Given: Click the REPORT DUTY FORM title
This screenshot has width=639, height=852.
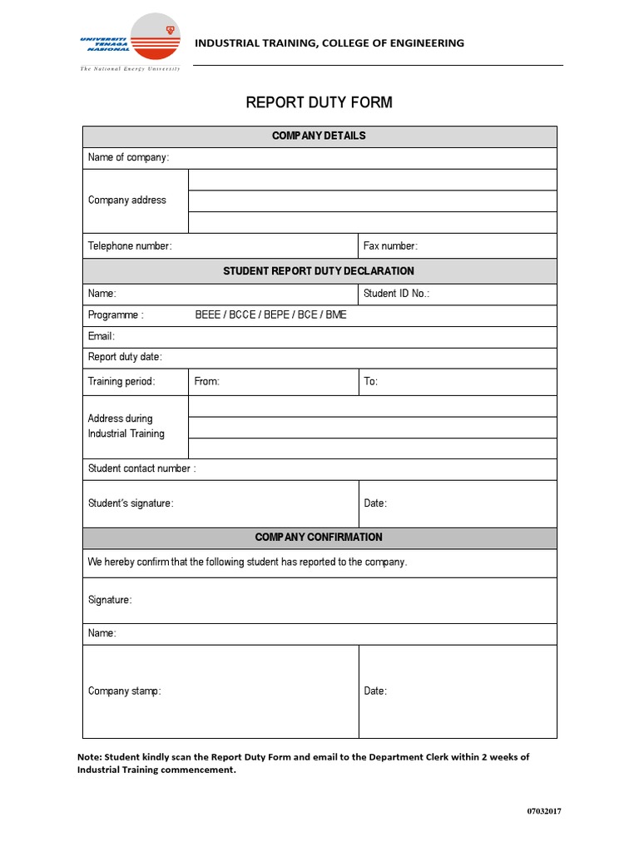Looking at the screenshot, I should pyautogui.click(x=319, y=102).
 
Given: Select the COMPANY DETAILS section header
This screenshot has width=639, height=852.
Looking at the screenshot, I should pyautogui.click(x=319, y=136).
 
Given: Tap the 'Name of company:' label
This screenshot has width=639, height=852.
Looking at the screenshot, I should pyautogui.click(x=128, y=158).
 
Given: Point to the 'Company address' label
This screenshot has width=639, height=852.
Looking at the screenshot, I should pyautogui.click(x=126, y=201).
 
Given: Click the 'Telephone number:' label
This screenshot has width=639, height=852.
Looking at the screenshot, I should pyautogui.click(x=130, y=246).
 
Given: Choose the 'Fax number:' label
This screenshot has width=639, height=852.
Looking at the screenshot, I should pyautogui.click(x=390, y=246).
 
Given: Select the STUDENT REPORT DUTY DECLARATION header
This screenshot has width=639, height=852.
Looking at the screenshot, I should pyautogui.click(x=319, y=271).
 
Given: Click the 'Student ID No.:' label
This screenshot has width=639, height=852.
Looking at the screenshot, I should pyautogui.click(x=397, y=294).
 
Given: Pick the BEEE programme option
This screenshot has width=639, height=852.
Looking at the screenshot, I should pyautogui.click(x=207, y=315).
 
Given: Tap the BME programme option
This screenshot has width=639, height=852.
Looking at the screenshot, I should pyautogui.click(x=334, y=315).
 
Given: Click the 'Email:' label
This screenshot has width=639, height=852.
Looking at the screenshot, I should pyautogui.click(x=102, y=336).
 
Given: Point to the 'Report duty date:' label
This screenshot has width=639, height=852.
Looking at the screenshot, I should pyautogui.click(x=125, y=357).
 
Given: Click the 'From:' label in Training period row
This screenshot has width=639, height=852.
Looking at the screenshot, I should pyautogui.click(x=206, y=382).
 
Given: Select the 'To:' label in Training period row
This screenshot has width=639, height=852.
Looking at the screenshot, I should pyautogui.click(x=371, y=382).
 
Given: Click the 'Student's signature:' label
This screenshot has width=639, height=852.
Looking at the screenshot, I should pyautogui.click(x=131, y=503).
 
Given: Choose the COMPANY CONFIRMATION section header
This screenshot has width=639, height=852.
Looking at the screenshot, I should pyautogui.click(x=319, y=537).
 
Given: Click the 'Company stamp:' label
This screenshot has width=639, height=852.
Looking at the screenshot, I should pyautogui.click(x=125, y=691).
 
